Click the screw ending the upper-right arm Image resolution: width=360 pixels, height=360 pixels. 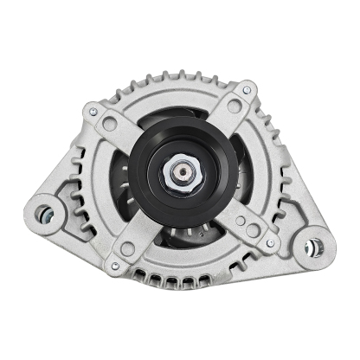click(x=248, y=89)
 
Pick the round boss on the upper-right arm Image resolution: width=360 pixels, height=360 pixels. click(x=232, y=107)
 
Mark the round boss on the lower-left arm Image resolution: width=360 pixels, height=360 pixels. click(x=128, y=248)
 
